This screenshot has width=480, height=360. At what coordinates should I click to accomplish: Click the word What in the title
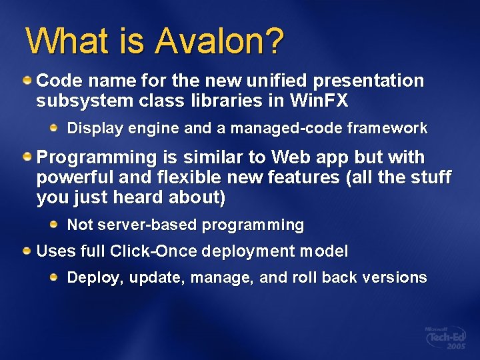tap(62, 41)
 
